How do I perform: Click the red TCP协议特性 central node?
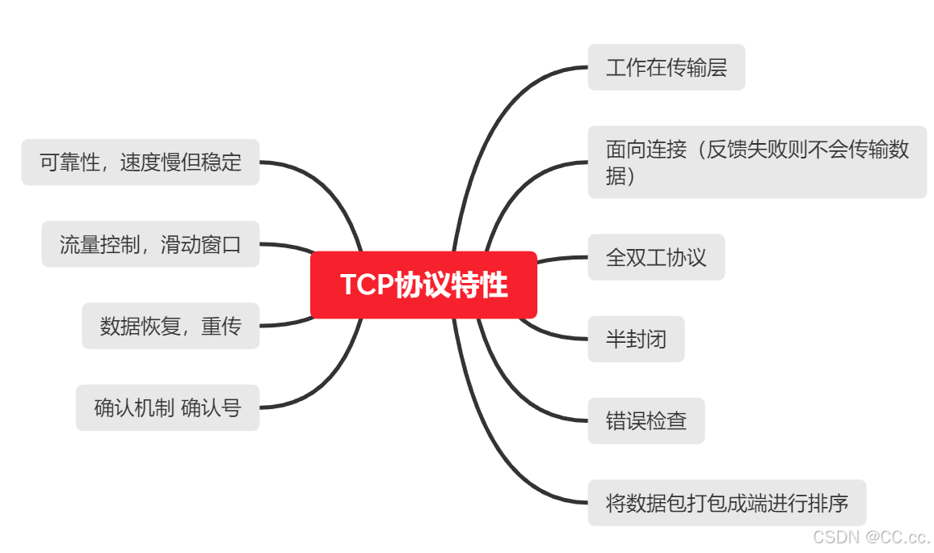[x=423, y=285]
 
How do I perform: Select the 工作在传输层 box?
[x=666, y=67]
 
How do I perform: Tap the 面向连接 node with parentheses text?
[x=756, y=162]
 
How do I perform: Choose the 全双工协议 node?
[x=655, y=257]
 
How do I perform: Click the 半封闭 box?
[x=635, y=339]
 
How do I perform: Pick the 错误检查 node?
[x=646, y=420]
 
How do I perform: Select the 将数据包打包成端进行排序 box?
[x=726, y=503]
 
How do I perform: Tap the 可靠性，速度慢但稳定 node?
[x=140, y=162]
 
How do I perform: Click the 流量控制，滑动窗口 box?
[x=150, y=244]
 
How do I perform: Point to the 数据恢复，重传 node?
[x=170, y=326]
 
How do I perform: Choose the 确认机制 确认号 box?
[x=167, y=407]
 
